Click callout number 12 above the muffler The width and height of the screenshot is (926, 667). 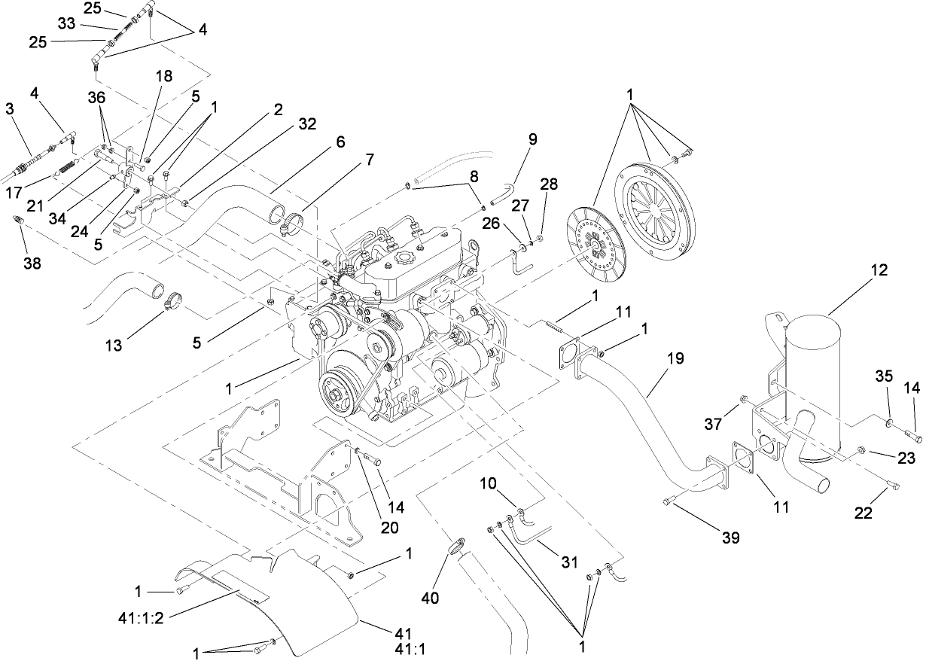coord(880,270)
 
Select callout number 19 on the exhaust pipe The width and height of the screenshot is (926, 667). coord(675,359)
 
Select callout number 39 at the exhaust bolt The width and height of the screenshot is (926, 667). coord(730,538)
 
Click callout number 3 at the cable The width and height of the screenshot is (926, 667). coord(10,109)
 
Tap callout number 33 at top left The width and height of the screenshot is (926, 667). coord(66,23)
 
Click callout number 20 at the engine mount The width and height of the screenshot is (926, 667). coord(389,527)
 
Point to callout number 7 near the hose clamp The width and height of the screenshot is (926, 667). coord(369,160)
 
